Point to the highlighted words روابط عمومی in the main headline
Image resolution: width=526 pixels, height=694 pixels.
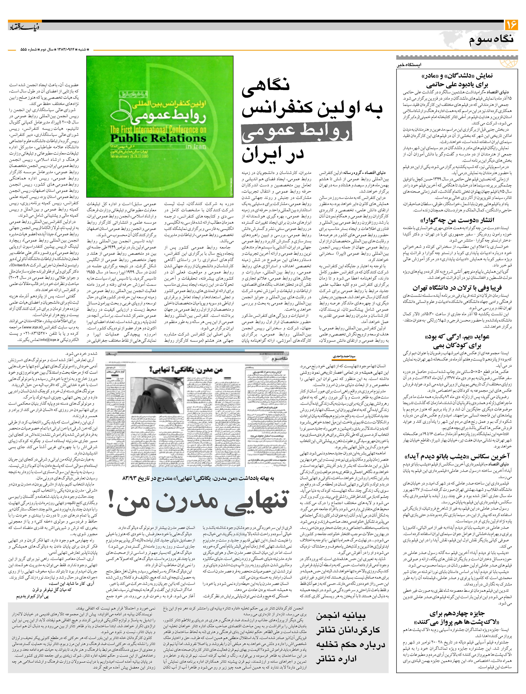297,132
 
